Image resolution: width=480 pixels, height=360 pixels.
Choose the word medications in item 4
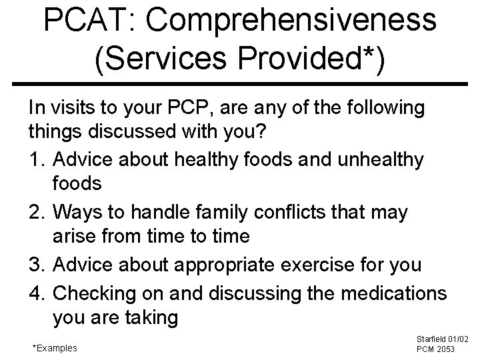click(x=390, y=291)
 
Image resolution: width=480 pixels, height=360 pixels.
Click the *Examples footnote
click(x=55, y=347)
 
